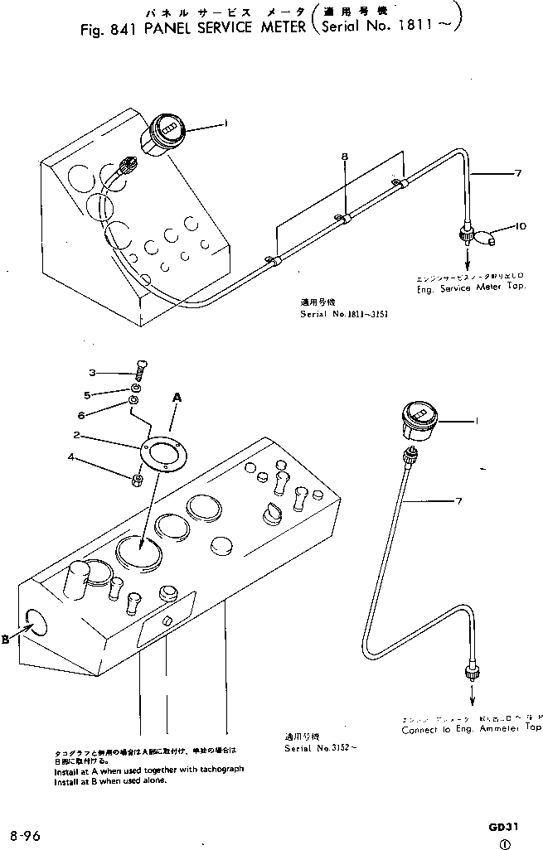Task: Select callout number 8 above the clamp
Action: (345, 156)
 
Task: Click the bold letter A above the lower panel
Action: (176, 398)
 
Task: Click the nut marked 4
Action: (137, 477)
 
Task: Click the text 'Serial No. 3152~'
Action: (311, 747)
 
